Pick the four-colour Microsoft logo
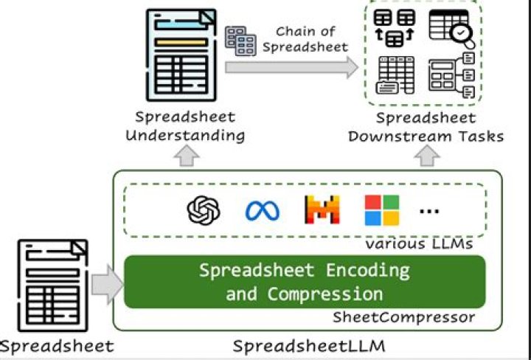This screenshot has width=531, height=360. (x=381, y=210)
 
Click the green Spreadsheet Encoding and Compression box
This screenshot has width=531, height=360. (x=304, y=281)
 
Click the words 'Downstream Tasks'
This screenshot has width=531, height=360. (x=426, y=136)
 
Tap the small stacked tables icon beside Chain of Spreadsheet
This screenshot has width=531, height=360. (x=240, y=41)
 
